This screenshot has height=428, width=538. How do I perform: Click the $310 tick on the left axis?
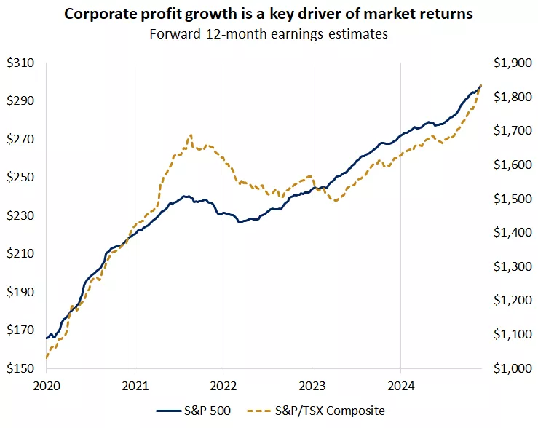pos(21,63)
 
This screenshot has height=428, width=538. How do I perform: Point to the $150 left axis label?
pos(21,368)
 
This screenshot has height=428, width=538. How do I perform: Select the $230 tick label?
pos(21,216)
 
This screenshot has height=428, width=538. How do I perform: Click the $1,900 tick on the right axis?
pos(511,63)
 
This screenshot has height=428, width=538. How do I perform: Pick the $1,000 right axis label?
pos(511,368)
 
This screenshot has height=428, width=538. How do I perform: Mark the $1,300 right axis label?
pos(511,266)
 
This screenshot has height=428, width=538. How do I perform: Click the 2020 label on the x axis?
pos(46,384)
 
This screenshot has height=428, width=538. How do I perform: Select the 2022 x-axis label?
pos(223,384)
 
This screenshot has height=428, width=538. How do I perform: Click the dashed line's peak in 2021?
pos(191,135)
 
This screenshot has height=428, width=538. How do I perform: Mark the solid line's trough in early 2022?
pos(240,222)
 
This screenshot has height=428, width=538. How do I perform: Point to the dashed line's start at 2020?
pos(47,357)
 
